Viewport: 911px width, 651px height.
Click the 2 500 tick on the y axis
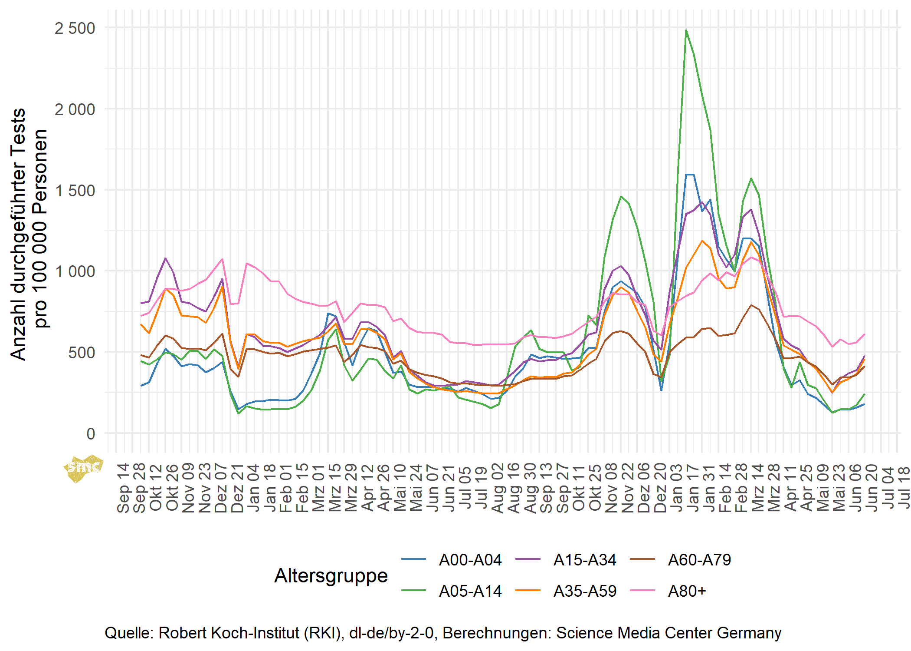coord(75,29)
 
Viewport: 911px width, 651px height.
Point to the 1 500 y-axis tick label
coord(75,191)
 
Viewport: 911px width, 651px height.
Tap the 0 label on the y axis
coord(90,433)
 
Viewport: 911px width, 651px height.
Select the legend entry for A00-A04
coord(470,560)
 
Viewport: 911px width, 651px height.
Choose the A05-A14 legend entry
coord(470,591)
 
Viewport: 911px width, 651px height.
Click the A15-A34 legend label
coord(585,560)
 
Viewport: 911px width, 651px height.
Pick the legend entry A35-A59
coord(585,591)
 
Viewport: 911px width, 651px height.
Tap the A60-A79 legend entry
coord(699,560)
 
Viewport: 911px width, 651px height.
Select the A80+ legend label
coord(687,591)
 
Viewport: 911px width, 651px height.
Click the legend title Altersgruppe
coord(331,575)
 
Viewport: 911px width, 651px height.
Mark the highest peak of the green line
coord(686,30)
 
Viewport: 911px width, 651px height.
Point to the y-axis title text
coord(29,235)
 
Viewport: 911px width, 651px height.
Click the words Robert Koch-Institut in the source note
coord(251,633)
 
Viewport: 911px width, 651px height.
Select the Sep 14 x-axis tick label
coord(123,488)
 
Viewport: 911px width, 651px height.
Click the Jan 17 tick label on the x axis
coord(693,488)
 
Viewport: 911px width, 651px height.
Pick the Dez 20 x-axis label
coord(660,488)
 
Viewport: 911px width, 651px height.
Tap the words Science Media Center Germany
coord(669,633)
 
